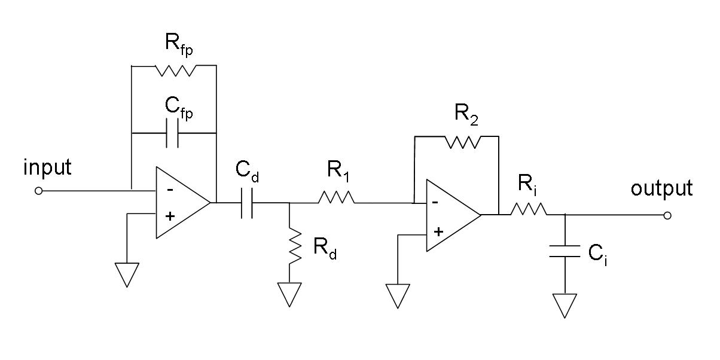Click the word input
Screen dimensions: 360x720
coord(47,167)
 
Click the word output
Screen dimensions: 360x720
coord(661,188)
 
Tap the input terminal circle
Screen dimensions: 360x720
coord(39,191)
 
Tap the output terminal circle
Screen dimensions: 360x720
coord(667,215)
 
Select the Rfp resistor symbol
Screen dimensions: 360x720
coord(175,71)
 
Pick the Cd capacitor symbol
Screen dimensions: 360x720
coord(248,203)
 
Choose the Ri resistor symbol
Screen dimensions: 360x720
coord(528,209)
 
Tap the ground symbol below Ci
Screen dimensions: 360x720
coord(565,304)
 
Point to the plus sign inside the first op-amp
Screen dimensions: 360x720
coord(169,216)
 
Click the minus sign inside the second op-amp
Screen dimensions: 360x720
coord(435,202)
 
